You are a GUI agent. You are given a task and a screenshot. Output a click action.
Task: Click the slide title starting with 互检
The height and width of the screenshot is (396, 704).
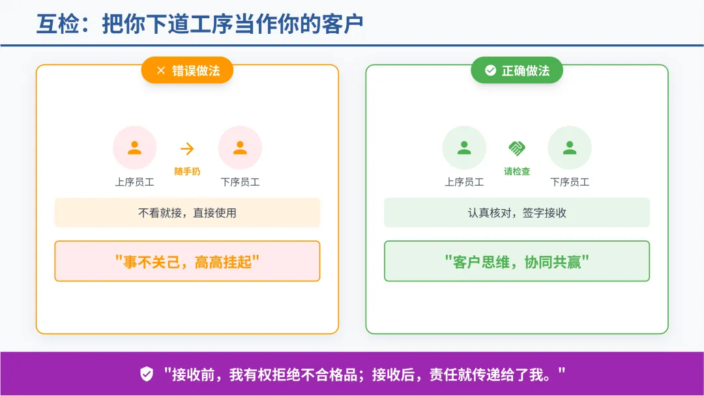[199, 24]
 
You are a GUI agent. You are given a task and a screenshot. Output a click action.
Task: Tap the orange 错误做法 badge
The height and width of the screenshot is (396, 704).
[187, 70]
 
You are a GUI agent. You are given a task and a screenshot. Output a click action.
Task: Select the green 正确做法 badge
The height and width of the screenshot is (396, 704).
[517, 70]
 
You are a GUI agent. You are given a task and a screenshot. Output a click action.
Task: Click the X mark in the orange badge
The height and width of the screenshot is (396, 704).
[161, 71]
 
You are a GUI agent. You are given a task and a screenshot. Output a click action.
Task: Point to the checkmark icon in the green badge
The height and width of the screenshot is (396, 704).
[490, 70]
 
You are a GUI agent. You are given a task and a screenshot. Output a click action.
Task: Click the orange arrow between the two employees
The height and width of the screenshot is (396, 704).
[187, 149]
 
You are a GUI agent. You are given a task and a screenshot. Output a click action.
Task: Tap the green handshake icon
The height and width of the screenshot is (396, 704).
[517, 148]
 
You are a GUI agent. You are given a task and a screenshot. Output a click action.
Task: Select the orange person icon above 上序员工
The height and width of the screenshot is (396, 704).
[134, 148]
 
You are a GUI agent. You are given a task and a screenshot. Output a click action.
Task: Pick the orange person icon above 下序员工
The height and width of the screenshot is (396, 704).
[240, 148]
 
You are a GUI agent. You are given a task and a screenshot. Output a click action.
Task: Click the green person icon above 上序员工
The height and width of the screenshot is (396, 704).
[464, 148]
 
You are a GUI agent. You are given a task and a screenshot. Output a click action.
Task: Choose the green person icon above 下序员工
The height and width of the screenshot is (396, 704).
[570, 148]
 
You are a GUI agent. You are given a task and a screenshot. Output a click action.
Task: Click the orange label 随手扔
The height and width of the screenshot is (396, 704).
[187, 171]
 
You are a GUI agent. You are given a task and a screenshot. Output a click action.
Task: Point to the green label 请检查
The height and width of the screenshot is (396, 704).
[517, 171]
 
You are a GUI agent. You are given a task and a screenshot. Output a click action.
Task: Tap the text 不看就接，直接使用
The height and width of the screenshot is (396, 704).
[187, 213]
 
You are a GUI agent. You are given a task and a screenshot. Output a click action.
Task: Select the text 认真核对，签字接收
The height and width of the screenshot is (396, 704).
[517, 213]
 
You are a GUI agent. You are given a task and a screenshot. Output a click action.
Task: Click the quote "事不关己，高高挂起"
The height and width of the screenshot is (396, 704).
[187, 262]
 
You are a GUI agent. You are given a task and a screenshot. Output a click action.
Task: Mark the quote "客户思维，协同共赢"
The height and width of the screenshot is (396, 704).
[517, 262]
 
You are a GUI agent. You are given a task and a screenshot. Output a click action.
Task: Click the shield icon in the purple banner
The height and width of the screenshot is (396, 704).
[147, 374]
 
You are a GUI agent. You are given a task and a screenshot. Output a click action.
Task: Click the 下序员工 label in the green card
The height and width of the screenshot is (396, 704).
[570, 182]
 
